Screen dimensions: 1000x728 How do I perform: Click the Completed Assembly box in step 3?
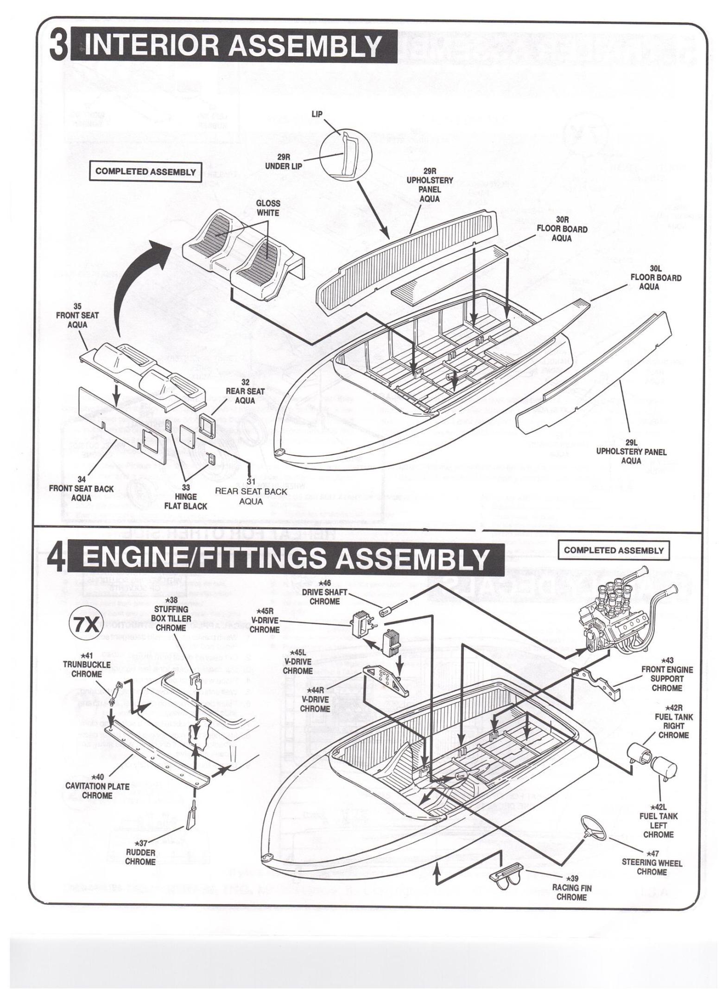coord(146,172)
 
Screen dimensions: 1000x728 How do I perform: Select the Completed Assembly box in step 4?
coord(614,550)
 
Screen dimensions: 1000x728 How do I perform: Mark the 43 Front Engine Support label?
coord(667,678)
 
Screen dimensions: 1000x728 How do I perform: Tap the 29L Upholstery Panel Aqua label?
coord(631,451)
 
